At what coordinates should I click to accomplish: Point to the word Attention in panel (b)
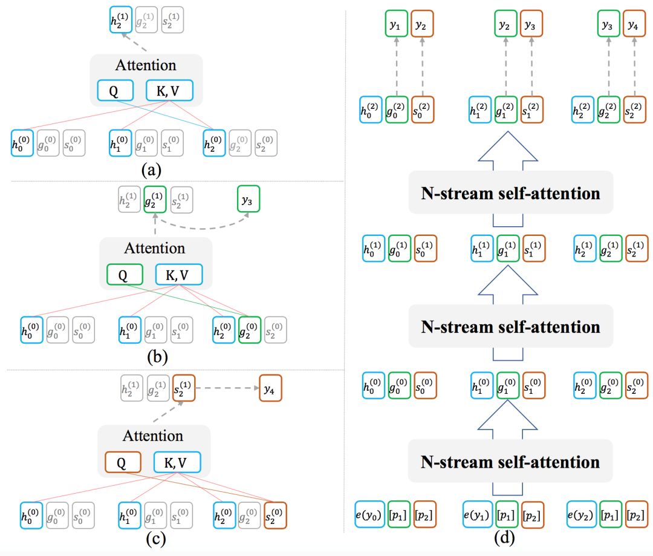coord(154,249)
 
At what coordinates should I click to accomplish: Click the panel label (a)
coord(150,170)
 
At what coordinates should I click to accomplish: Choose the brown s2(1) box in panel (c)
coord(184,388)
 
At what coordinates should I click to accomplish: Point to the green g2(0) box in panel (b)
coord(250,329)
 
